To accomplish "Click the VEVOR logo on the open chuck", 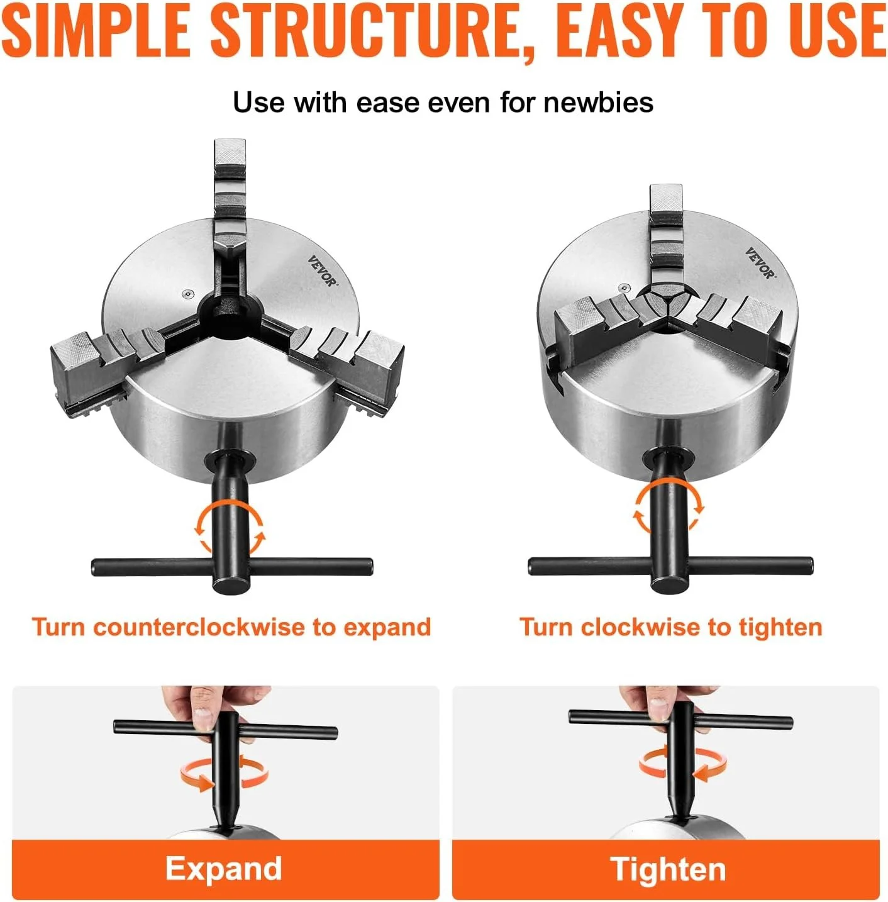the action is coord(323,271).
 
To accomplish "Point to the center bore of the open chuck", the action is coord(229,313).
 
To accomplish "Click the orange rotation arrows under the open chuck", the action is coord(228,526).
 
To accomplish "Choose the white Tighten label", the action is coord(668,869).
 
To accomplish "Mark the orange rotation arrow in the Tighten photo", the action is coord(683,764).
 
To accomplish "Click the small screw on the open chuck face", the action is coord(187,294).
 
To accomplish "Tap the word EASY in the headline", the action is coord(621,31).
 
